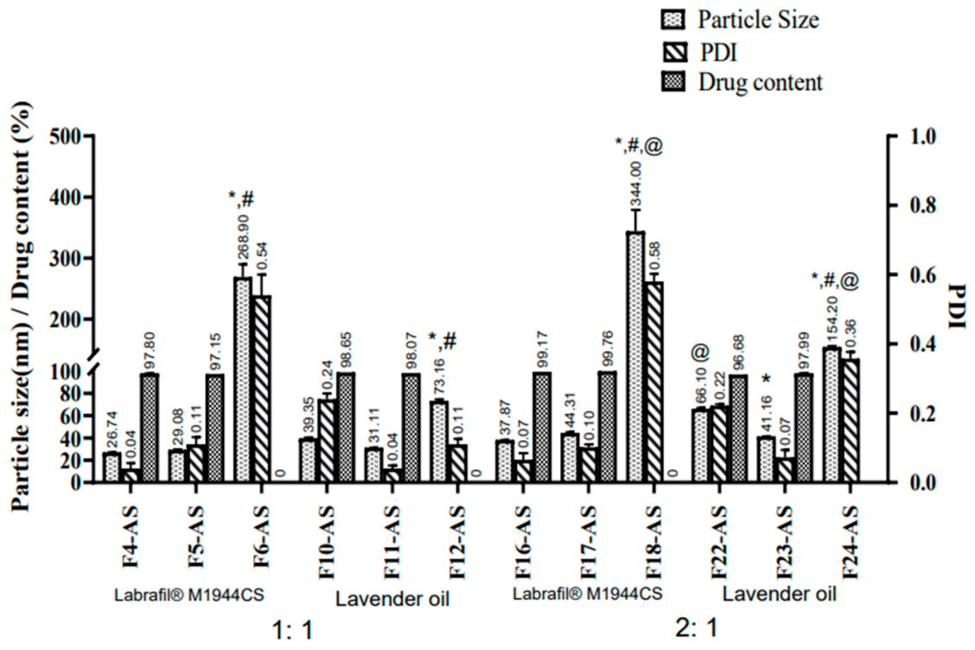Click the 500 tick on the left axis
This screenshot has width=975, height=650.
(x=66, y=137)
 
